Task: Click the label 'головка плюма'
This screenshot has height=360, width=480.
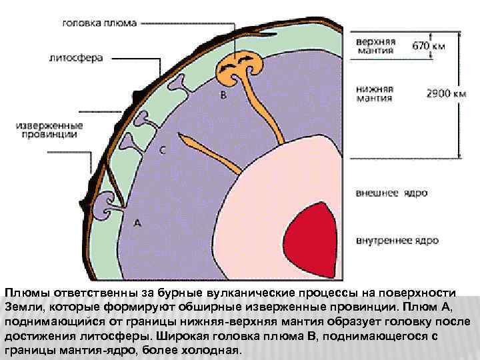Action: click(x=99, y=23)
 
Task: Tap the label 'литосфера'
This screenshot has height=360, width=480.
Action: click(x=76, y=58)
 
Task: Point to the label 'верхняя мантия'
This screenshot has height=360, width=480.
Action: click(x=376, y=46)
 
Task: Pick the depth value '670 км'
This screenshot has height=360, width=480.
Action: click(x=428, y=47)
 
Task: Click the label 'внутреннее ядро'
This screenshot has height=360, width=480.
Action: click(x=397, y=239)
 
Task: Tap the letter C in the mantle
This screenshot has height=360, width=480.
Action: click(x=162, y=151)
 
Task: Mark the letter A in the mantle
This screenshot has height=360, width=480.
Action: click(x=137, y=223)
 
